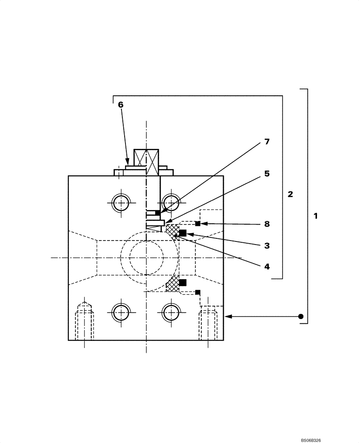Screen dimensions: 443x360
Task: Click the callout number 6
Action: point(121,105)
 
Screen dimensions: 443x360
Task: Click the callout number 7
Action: point(266,142)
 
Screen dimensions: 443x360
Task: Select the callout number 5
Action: point(266,174)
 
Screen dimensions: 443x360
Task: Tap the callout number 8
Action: point(266,224)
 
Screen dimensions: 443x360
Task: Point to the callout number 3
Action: point(266,245)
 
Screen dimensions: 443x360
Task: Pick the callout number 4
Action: point(266,267)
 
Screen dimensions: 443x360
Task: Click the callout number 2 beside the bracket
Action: point(290,194)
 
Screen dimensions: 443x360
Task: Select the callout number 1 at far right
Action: point(315,216)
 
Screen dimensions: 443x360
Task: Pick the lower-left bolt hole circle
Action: point(120,312)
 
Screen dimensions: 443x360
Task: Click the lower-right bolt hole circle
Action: point(170,312)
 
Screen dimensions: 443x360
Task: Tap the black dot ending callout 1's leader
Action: point(301,316)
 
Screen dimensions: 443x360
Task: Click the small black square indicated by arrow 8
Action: point(198,223)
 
